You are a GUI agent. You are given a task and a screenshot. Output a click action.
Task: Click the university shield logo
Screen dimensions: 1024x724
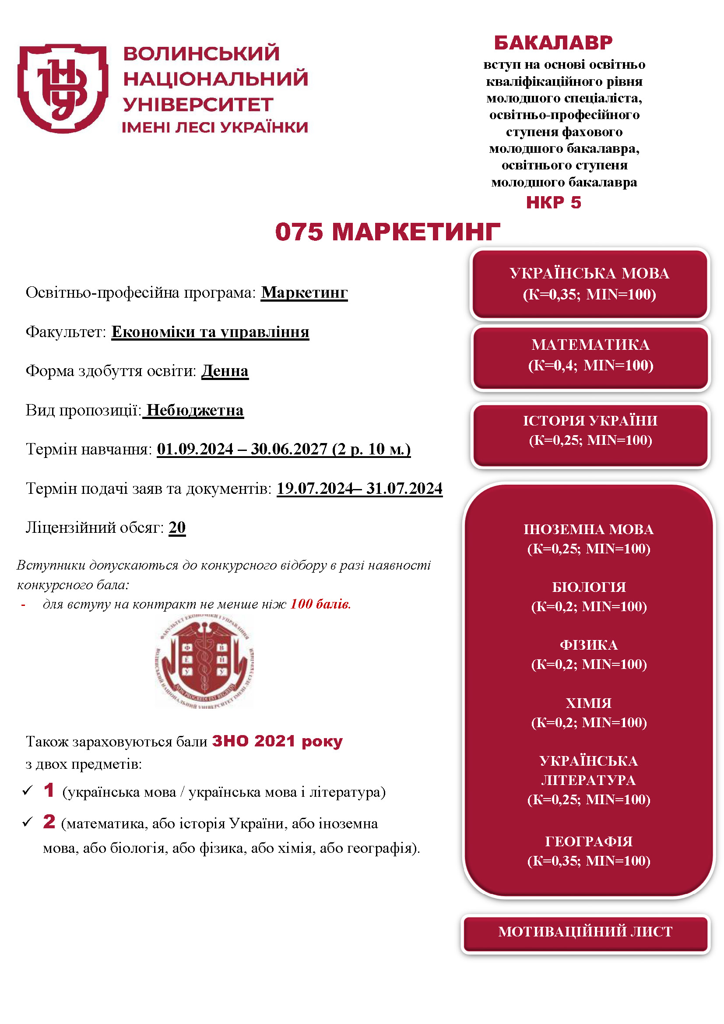click(x=63, y=88)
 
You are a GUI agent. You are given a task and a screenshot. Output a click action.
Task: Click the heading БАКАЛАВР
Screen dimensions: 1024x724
click(x=553, y=43)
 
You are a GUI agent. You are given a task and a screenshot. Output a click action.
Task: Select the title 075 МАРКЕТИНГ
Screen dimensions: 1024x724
click(x=387, y=232)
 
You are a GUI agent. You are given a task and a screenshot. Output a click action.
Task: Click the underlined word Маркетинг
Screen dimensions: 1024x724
click(x=304, y=292)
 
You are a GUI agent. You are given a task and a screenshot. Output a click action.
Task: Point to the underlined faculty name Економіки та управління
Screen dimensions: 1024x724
click(x=210, y=332)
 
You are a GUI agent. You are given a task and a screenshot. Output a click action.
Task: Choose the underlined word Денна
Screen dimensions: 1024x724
click(x=225, y=371)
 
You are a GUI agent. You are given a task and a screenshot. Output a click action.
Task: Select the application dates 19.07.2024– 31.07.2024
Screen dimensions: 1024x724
click(x=359, y=489)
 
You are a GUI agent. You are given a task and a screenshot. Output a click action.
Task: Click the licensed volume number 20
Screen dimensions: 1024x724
click(x=177, y=527)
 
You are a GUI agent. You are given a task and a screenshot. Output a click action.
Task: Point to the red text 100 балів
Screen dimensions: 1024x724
click(x=320, y=604)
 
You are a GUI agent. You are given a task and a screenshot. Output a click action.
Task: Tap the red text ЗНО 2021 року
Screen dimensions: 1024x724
click(x=277, y=741)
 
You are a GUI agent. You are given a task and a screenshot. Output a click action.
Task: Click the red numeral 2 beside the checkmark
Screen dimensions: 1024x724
click(x=49, y=821)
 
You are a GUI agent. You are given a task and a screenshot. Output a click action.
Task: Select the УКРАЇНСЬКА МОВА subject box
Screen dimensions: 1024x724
click(x=589, y=284)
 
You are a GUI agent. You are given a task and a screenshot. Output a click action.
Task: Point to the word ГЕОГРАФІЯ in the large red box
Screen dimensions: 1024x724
click(x=588, y=841)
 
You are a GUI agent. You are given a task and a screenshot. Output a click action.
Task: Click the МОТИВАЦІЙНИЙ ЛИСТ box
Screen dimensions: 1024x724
click(x=585, y=931)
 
